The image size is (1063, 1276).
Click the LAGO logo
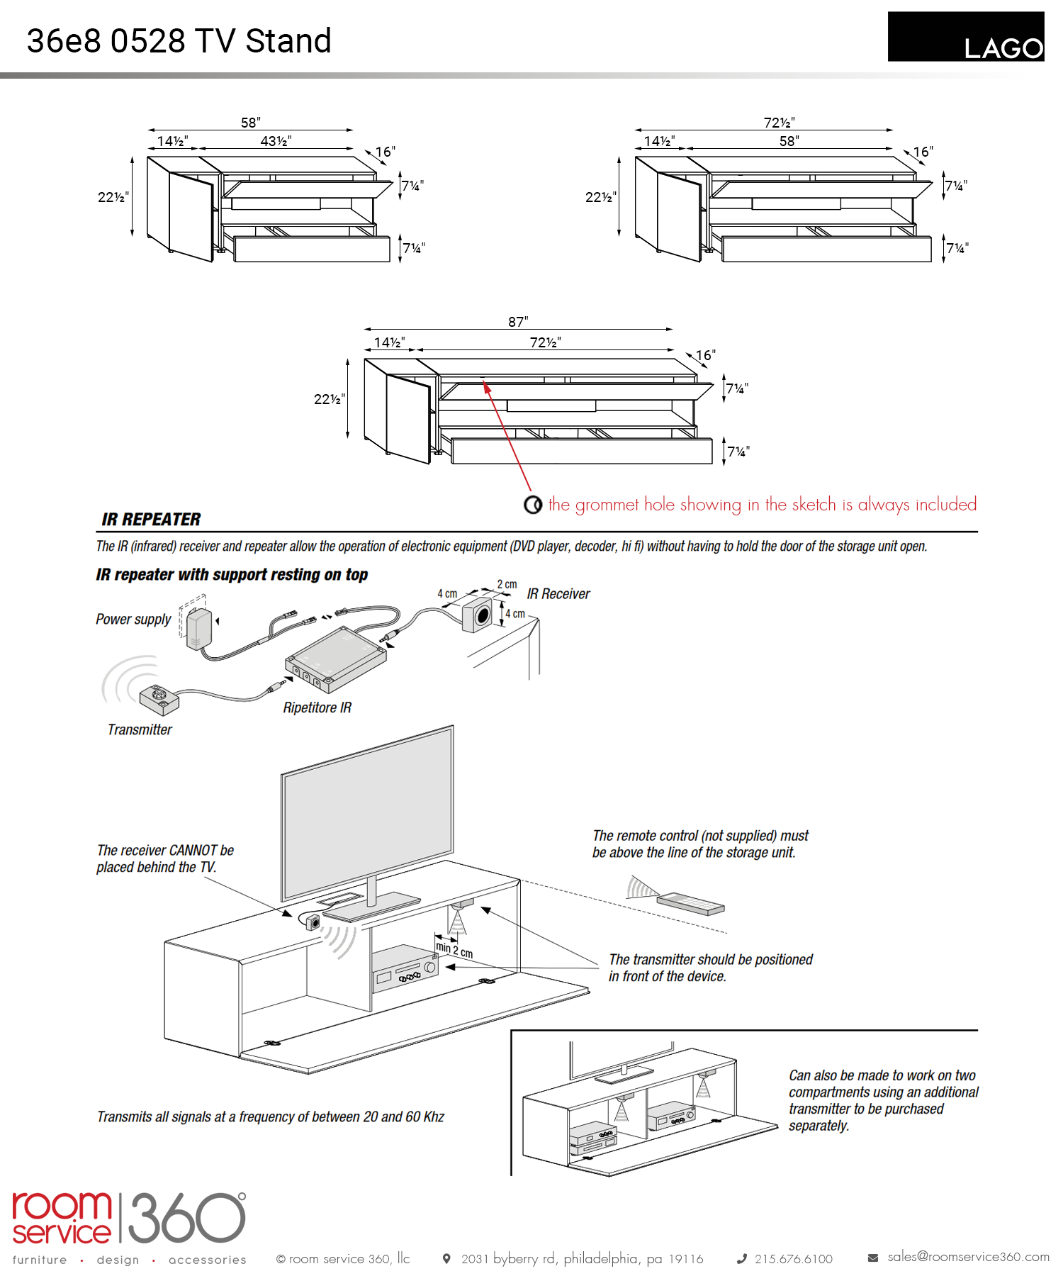[x=965, y=37]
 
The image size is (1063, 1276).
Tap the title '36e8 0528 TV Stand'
[x=179, y=41]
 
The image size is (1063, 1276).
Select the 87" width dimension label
[x=518, y=322]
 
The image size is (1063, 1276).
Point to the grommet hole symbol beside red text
[x=533, y=504]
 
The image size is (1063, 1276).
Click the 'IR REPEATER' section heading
[x=151, y=520]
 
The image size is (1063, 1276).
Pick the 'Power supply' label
[x=133, y=619]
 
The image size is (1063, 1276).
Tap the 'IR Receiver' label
[x=558, y=594]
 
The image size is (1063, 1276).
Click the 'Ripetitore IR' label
[x=317, y=707]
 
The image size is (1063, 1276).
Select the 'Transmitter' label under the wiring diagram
[x=140, y=729]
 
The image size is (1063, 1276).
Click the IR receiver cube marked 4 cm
[x=478, y=615]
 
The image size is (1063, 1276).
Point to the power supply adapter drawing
[x=198, y=627]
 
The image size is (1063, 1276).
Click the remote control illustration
[x=690, y=904]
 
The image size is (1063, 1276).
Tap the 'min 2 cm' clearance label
[x=454, y=948]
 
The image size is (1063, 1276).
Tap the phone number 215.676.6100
[x=793, y=1259]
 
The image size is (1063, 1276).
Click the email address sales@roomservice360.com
[x=968, y=1256]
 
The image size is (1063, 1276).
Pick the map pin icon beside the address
[x=446, y=1258]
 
